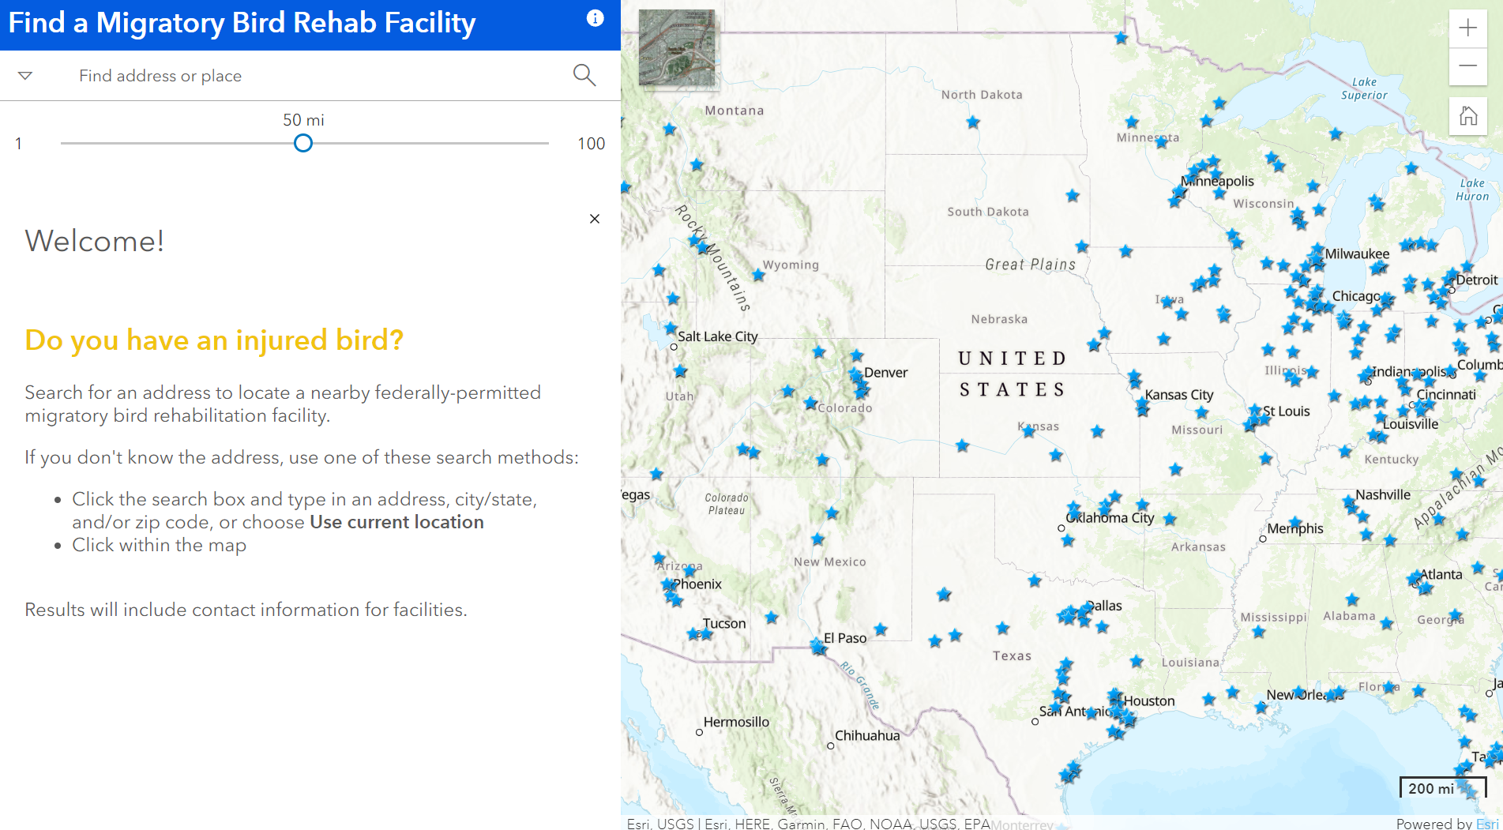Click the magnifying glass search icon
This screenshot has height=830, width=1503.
pos(584,75)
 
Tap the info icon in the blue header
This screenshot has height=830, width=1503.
pos(596,18)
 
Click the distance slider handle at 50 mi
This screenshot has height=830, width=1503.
pos(303,143)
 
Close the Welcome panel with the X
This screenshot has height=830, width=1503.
pos(595,219)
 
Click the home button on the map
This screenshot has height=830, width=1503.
pos(1467,116)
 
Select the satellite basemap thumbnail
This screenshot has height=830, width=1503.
pos(677,47)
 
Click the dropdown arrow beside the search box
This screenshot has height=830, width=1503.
pos(25,76)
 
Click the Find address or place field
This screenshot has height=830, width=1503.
pos(316,76)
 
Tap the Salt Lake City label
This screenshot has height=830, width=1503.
pos(717,336)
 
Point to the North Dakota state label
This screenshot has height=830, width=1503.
pos(982,95)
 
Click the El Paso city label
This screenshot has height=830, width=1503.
pos(845,638)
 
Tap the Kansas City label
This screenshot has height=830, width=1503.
pos(1178,395)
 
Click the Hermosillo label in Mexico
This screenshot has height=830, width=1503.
pos(736,722)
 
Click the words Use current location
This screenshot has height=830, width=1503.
pos(396,522)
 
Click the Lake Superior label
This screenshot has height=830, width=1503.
pos(1364,88)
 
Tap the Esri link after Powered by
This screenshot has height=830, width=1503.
pos(1486,823)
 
